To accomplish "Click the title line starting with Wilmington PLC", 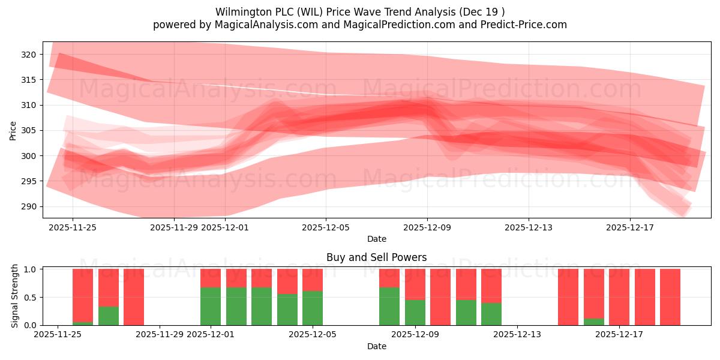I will pos(359,12).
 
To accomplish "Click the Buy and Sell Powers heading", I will pos(376,257).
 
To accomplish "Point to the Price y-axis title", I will pos(13,130).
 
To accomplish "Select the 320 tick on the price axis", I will pos(28,55).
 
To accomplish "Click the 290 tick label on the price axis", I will pos(28,206).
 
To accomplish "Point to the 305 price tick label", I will pos(28,130).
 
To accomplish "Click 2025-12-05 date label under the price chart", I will pos(326,227).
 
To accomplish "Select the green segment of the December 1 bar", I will pos(211,306).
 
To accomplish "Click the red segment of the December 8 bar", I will pos(389,278).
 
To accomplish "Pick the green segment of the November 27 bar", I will pos(109,316).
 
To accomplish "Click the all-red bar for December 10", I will pos(440,297).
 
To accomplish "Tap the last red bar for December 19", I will pos(670,297).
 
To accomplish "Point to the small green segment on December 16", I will pos(594,322).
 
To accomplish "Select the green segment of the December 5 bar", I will pos(313,308).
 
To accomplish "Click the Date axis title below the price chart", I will pos(376,239).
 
